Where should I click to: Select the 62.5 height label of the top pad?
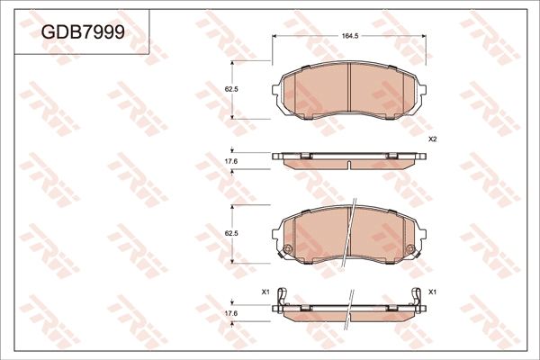(x=229, y=89)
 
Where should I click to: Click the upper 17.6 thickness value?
(x=229, y=161)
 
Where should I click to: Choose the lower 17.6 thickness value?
(x=229, y=312)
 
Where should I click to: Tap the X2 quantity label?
(x=432, y=139)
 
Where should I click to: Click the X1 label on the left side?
(x=265, y=292)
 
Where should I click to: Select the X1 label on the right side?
(x=433, y=292)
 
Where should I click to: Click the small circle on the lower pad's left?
(x=287, y=250)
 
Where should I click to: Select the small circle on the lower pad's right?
(x=410, y=250)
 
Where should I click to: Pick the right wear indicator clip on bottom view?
(x=417, y=297)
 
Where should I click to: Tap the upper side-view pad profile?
(x=348, y=160)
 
